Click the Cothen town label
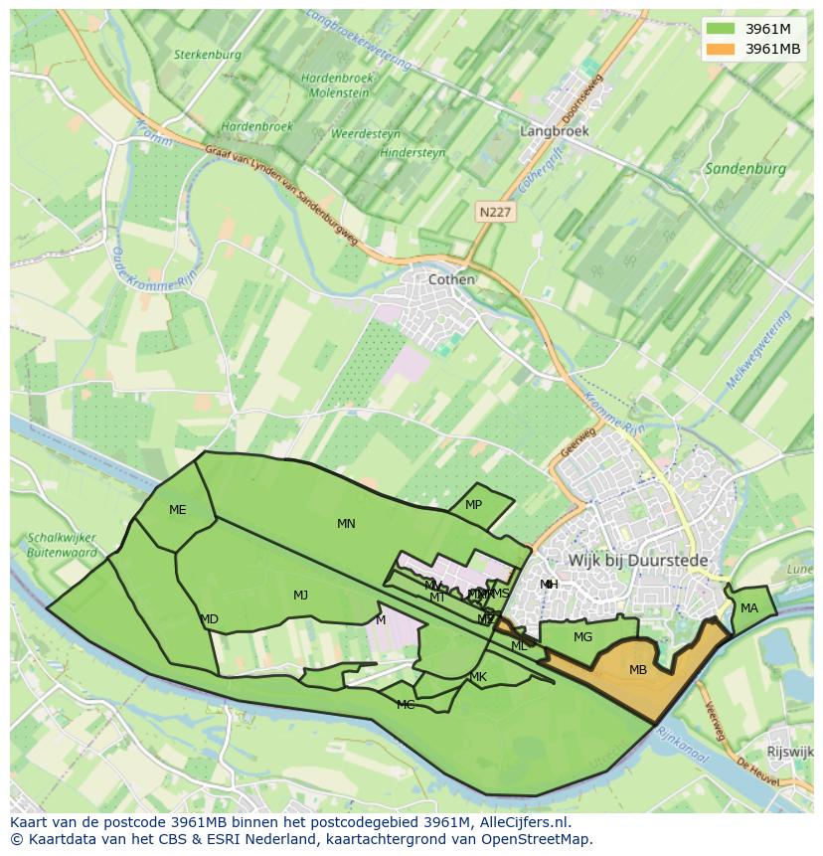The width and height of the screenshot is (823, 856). point(451,279)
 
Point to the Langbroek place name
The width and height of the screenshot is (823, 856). point(555,131)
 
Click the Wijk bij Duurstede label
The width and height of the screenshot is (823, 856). point(638,561)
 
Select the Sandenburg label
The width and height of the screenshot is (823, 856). point(744,169)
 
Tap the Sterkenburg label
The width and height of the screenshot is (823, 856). point(208,56)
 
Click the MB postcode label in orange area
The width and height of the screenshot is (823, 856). point(638,670)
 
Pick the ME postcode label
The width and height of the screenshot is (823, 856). point(177,510)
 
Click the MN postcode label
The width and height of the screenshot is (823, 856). point(346,524)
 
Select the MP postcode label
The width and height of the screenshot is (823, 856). point(473,505)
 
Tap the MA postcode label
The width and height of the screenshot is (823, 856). point(748,608)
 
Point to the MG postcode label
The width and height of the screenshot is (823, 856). point(582,637)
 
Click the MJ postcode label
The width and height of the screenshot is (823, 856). point(300,596)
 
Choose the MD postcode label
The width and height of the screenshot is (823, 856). point(209,619)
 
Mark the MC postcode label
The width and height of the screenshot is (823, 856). point(406,705)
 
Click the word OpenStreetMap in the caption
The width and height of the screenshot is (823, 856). point(538,839)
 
